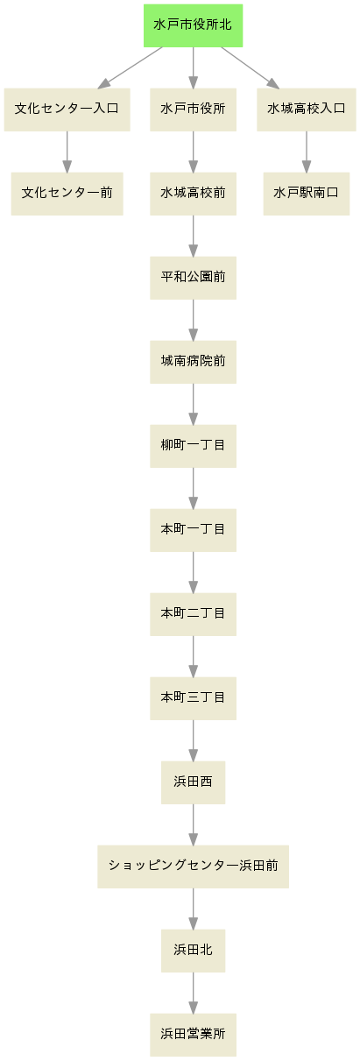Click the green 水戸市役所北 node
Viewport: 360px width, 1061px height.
point(193,25)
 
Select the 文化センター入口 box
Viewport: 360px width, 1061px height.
point(67,110)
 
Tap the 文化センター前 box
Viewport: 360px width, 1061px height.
point(67,194)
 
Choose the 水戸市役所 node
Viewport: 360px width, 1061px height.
point(193,110)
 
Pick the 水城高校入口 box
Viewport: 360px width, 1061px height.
point(306,110)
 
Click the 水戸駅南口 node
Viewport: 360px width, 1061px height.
point(306,194)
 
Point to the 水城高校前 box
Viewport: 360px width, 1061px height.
point(193,194)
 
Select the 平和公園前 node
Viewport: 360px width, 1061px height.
point(193,278)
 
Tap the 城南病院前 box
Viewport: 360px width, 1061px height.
point(193,362)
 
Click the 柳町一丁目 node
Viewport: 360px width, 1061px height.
point(193,446)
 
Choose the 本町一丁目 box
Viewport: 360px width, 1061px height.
point(193,530)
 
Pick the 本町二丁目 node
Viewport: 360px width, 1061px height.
point(193,614)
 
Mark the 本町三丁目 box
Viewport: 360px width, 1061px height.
point(193,698)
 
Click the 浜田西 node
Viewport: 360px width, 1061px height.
point(193,782)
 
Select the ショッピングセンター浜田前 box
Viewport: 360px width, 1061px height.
point(193,866)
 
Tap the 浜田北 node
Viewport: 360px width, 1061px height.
point(193,951)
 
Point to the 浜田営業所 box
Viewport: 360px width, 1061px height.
point(193,1035)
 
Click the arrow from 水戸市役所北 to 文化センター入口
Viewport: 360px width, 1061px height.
point(130,67)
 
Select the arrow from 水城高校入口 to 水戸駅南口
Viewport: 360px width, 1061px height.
point(306,152)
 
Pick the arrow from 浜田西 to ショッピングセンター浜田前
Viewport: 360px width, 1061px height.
point(193,824)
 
